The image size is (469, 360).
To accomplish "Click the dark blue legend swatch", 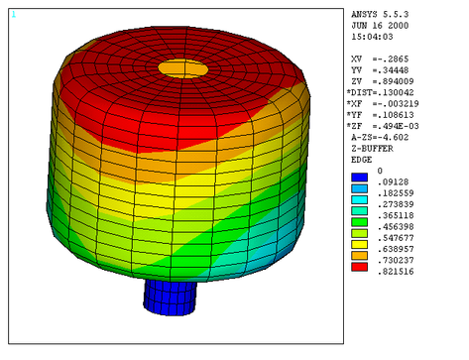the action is pyautogui.click(x=359, y=178).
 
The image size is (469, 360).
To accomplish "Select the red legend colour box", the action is pyautogui.click(x=359, y=267).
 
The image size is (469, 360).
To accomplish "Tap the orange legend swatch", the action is pyautogui.click(x=359, y=256).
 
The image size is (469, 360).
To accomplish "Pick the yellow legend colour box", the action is pyautogui.click(x=359, y=245).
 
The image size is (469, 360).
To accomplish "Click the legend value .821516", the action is pyautogui.click(x=396, y=272).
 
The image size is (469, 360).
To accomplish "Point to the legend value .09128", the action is pyautogui.click(x=393, y=182).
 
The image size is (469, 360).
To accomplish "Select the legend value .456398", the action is pyautogui.click(x=396, y=227).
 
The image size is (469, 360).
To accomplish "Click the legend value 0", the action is pyautogui.click(x=380, y=171).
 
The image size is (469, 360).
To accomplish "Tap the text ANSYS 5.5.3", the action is pyautogui.click(x=380, y=15).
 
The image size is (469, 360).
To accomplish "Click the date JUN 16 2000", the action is pyautogui.click(x=380, y=26).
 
